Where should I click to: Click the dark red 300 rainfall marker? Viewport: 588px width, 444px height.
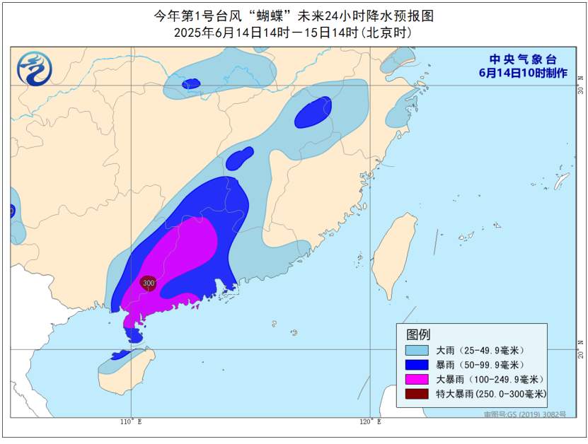coord(148,283)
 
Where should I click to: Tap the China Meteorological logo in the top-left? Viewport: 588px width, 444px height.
coord(35,69)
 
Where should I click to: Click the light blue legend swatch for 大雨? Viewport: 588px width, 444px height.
coord(417,350)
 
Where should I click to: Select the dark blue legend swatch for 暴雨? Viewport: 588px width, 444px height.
coord(417,365)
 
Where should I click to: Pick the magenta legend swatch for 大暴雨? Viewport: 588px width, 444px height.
coord(417,380)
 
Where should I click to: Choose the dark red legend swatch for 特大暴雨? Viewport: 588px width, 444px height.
coord(417,394)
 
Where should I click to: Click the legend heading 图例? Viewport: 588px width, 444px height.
coord(417,334)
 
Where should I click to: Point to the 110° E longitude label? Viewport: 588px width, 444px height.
coord(130,422)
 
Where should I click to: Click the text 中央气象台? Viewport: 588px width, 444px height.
coord(524,59)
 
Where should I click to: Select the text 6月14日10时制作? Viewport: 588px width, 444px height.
coord(523,73)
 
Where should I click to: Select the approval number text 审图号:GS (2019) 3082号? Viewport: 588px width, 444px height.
coord(524,414)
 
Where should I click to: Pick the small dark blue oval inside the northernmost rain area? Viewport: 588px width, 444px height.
coord(190,84)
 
